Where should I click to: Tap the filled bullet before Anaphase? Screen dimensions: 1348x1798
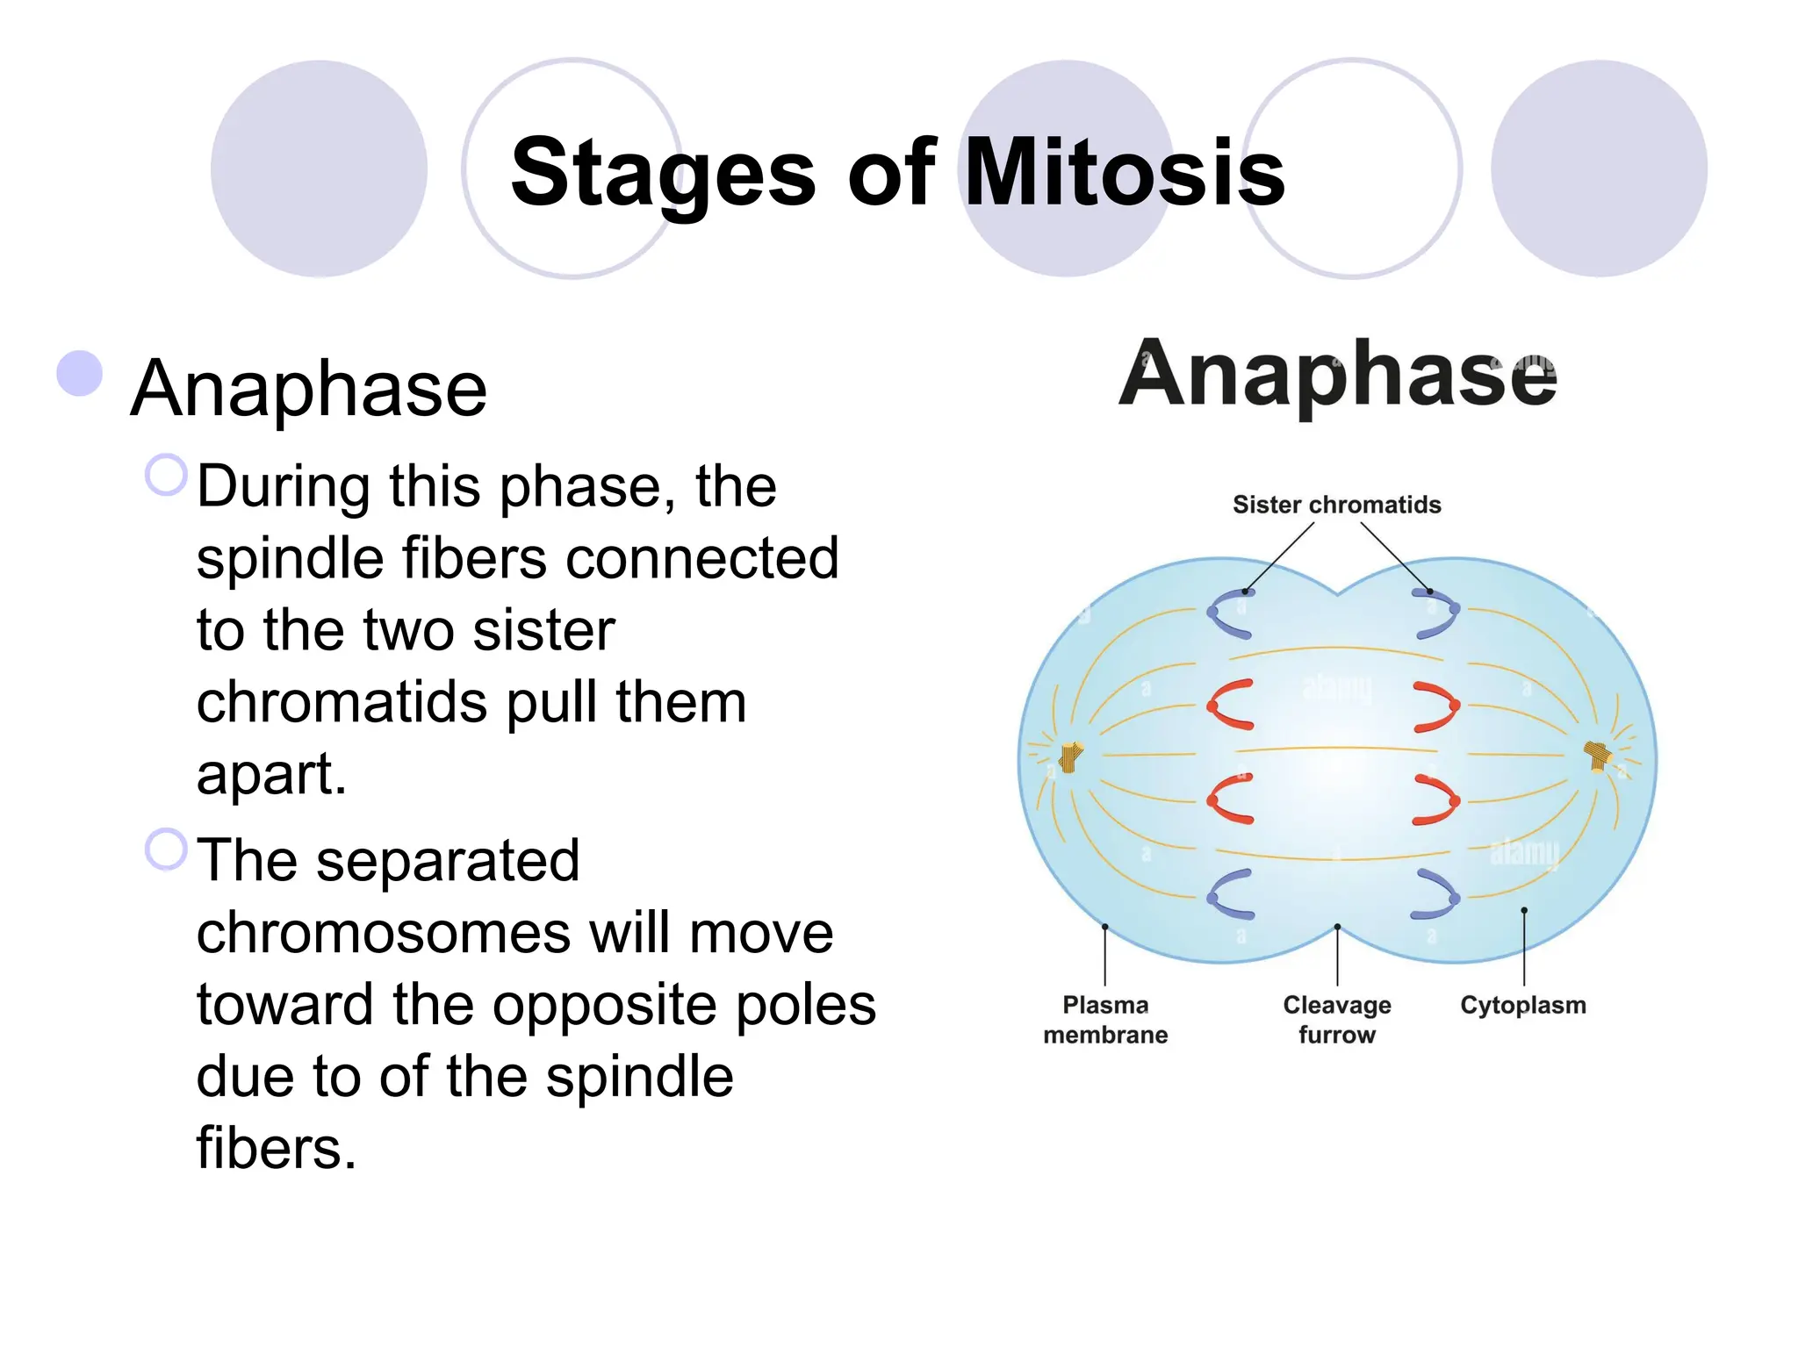pyautogui.click(x=80, y=374)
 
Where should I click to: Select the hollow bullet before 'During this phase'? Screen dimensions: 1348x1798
pyautogui.click(x=166, y=476)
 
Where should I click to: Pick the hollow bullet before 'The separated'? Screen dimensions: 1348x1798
pyautogui.click(x=166, y=850)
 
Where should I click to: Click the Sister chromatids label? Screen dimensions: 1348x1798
pyautogui.click(x=1336, y=505)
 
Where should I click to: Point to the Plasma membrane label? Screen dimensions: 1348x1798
pyautogui.click(x=1105, y=1019)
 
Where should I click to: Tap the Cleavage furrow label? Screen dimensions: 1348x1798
pyautogui.click(x=1336, y=1019)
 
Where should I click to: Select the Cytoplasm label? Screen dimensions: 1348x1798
pyautogui.click(x=1523, y=1005)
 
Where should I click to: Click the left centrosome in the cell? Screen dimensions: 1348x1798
pyautogui.click(x=1070, y=756)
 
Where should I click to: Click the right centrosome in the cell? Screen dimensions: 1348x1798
pyautogui.click(x=1599, y=756)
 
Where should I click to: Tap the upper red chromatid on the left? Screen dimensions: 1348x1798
pyautogui.click(x=1229, y=704)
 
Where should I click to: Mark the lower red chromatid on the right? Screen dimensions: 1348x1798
pyautogui.click(x=1437, y=799)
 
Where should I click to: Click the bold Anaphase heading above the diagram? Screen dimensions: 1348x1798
pyautogui.click(x=1337, y=375)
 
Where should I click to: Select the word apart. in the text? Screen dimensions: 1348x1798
pyautogui.click(x=271, y=775)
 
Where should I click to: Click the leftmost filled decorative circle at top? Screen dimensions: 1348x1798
pyautogui.click(x=319, y=168)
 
